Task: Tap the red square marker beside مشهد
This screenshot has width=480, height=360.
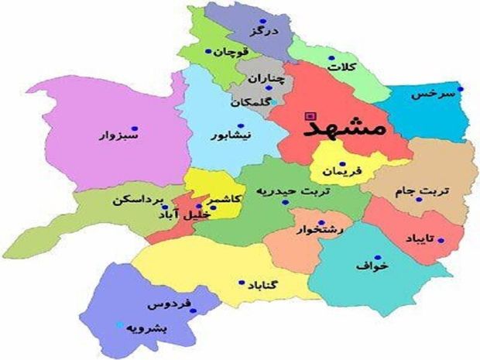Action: coord(312,117)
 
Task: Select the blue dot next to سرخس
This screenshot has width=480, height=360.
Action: coord(460,89)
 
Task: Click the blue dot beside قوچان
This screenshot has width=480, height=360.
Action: coord(208,53)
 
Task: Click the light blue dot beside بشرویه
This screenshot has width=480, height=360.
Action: coord(118,325)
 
